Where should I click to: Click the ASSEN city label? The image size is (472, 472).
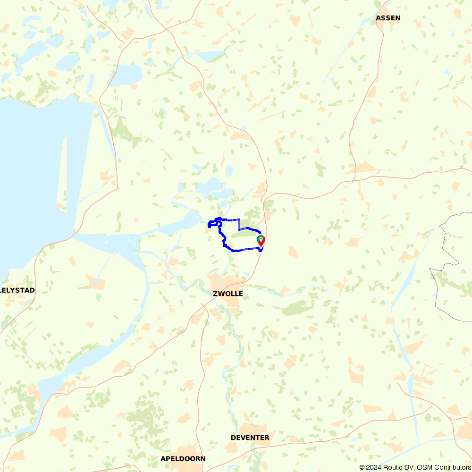[x=388, y=18]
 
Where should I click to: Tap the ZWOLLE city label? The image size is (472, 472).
[x=228, y=294]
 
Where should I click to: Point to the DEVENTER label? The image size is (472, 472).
[x=250, y=438]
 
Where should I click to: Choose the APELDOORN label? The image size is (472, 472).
[x=183, y=458]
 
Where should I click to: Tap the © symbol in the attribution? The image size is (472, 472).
[x=362, y=467]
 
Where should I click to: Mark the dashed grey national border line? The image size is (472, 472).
[x=437, y=293]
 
